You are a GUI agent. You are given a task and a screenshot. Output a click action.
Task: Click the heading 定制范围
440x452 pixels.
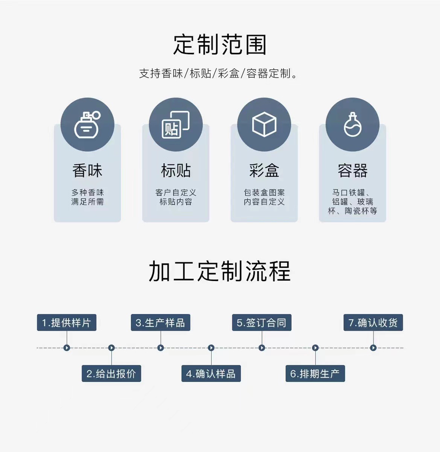click(220, 45)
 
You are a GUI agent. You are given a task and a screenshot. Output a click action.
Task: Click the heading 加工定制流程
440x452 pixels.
click(220, 272)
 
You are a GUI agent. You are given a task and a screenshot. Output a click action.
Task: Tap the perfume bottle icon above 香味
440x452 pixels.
click(87, 125)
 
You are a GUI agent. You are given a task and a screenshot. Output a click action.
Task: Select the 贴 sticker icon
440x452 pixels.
click(175, 125)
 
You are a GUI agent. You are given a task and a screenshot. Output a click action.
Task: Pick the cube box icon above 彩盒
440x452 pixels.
click(264, 125)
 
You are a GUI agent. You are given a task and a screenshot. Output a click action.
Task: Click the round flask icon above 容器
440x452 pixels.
click(352, 125)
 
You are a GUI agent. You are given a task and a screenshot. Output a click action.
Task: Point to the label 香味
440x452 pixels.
click(87, 171)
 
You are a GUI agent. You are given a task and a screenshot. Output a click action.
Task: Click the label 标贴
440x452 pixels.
click(175, 171)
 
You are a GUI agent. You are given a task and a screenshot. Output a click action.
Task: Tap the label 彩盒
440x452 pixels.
click(264, 171)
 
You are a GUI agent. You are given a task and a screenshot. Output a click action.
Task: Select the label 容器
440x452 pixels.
click(352, 171)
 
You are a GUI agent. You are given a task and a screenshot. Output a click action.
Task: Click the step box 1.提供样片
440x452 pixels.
click(67, 323)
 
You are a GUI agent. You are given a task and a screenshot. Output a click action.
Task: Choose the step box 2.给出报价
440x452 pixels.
click(111, 374)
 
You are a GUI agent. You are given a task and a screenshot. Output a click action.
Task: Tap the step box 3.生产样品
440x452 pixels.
click(160, 323)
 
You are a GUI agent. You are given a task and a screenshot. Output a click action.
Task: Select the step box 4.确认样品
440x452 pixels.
click(211, 374)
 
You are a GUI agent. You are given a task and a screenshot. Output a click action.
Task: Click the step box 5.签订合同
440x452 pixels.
click(262, 323)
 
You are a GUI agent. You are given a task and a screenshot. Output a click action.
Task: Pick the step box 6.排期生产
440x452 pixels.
click(315, 374)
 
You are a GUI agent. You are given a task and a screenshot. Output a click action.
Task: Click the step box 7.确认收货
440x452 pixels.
click(373, 323)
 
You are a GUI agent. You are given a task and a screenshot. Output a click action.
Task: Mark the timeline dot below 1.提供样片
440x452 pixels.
click(67, 348)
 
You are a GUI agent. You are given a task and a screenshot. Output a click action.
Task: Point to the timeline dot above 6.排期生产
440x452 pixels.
click(315, 348)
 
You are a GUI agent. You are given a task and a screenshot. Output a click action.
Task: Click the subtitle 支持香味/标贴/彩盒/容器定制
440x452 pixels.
click(218, 73)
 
